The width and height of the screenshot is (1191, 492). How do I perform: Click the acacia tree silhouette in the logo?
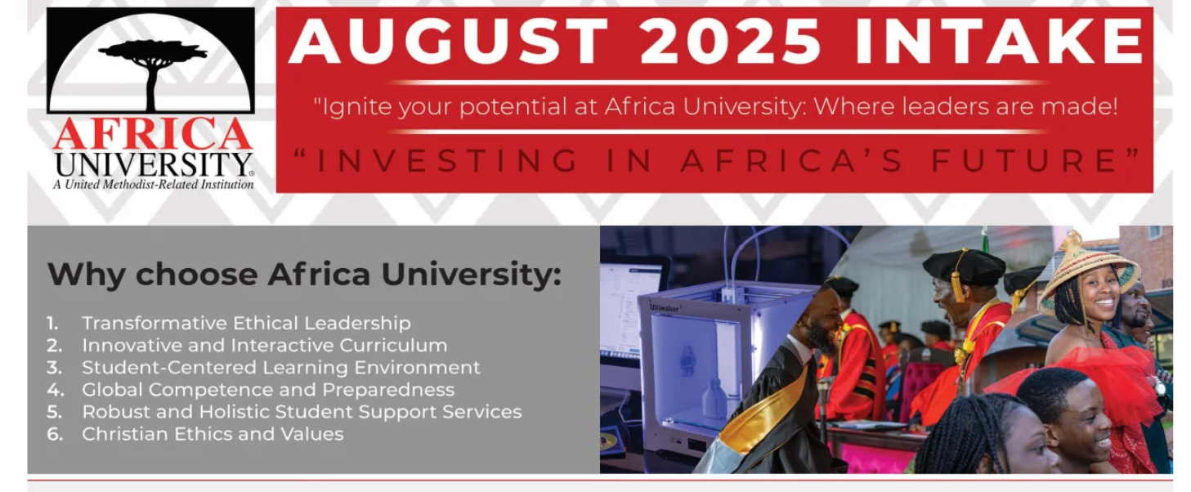(x=153, y=74)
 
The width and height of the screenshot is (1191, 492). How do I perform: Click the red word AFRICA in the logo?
(x=153, y=134)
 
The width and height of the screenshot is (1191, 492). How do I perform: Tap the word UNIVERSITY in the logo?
(x=153, y=165)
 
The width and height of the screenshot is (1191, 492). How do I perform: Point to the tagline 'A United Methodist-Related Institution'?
(x=153, y=185)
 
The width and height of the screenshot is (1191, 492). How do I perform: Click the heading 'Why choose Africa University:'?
(x=304, y=275)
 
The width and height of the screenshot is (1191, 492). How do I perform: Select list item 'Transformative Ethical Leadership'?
(x=246, y=323)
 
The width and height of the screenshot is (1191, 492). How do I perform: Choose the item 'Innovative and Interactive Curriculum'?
(x=264, y=346)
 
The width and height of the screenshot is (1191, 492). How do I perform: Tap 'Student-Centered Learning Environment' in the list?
(x=280, y=368)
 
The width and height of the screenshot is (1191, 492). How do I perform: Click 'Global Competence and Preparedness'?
(x=268, y=390)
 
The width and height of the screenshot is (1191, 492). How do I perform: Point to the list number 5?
(x=54, y=412)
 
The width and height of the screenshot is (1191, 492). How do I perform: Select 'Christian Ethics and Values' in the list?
(x=213, y=434)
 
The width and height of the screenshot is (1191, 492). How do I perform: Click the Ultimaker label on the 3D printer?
(x=664, y=307)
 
